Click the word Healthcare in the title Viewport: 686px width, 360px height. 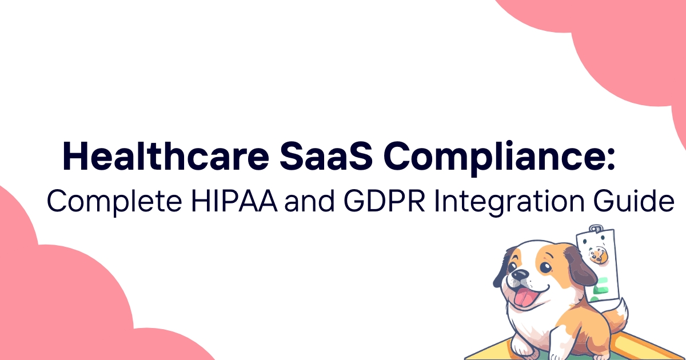[166, 156]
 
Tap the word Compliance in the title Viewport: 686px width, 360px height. [493, 158]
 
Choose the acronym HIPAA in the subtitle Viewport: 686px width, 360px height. [234, 201]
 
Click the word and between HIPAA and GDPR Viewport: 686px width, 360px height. [309, 201]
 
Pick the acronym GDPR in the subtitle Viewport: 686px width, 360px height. [384, 201]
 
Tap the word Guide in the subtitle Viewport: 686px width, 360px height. [633, 201]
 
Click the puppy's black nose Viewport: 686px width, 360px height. [520, 275]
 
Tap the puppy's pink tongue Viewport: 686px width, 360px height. [525, 298]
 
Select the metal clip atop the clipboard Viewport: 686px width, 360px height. [595, 229]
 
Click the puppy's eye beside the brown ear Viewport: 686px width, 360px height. [545, 267]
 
